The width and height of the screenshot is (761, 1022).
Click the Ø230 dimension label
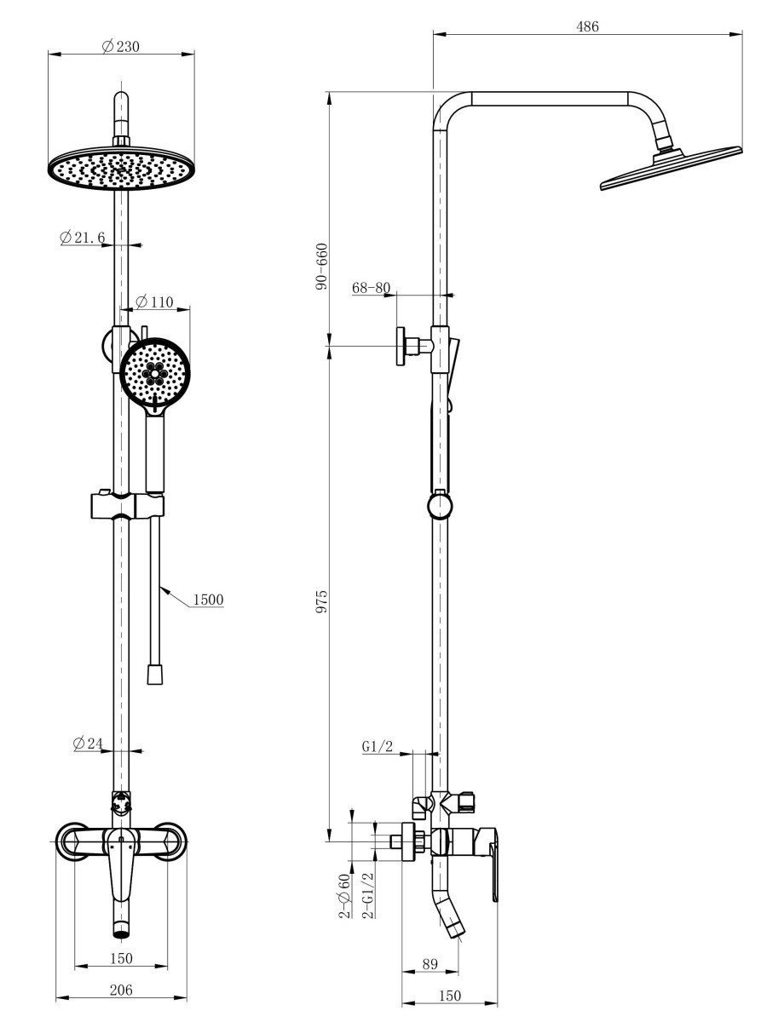[x=120, y=46]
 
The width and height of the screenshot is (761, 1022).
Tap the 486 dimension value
[x=587, y=26]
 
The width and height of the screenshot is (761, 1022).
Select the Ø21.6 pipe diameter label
[x=83, y=238]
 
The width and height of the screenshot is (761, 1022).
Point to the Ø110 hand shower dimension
[x=154, y=301]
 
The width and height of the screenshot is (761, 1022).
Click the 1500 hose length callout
[x=209, y=600]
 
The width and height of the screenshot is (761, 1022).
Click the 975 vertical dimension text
[x=321, y=600]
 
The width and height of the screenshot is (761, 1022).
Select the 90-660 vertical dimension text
[x=321, y=266]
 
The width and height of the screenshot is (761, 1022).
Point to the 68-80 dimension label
[x=372, y=288]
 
